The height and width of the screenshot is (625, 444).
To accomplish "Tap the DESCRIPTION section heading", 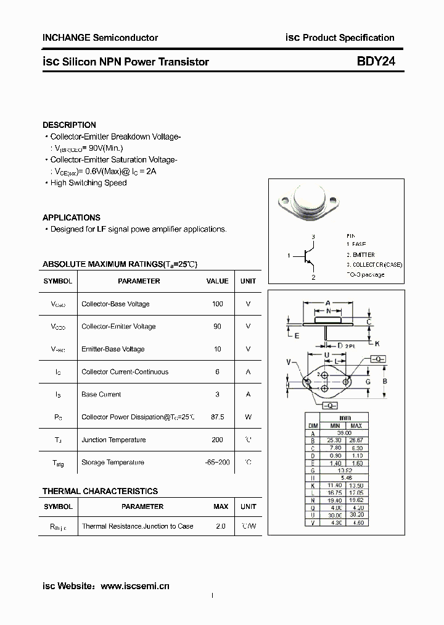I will (x=69, y=125).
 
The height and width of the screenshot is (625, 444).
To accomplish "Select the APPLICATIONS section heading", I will (x=71, y=217).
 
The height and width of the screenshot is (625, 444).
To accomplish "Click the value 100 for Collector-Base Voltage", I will (x=217, y=304).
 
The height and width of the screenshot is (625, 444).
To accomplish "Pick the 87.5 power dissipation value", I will (x=217, y=417).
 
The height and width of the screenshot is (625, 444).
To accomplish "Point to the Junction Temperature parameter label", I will (x=113, y=440).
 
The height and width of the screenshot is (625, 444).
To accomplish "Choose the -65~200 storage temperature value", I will (x=217, y=462).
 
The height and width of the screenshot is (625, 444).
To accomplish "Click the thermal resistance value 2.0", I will (x=221, y=526).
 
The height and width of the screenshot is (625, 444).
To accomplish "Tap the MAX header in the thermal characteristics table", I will (x=221, y=506).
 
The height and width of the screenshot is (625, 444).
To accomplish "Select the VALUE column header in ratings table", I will (x=217, y=281).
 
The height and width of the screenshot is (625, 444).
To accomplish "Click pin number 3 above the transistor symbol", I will (x=313, y=237).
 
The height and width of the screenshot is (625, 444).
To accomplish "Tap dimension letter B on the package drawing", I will (x=385, y=381).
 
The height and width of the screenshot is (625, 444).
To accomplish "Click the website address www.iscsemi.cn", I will (x=134, y=585).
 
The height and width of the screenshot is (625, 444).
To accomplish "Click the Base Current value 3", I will (x=217, y=394).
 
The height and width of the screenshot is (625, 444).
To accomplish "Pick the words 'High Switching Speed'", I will (x=88, y=183).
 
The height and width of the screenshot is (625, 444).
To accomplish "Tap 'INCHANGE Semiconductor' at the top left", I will (x=100, y=38).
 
